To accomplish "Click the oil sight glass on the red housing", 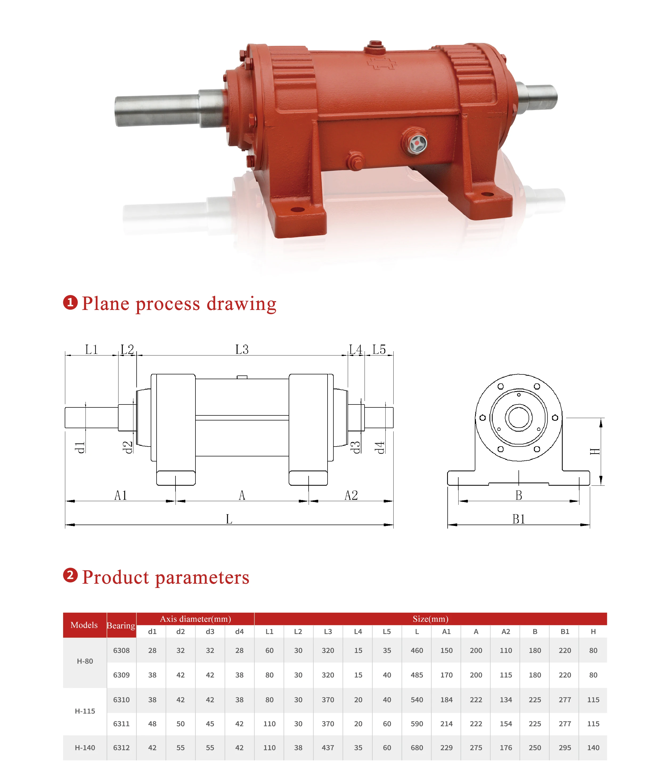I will pyautogui.click(x=417, y=143).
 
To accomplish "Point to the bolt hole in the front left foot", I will pyautogui.click(x=297, y=210).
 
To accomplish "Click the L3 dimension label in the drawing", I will pyautogui.click(x=242, y=349).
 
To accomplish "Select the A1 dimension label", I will pyautogui.click(x=121, y=495).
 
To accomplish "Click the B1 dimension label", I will pyautogui.click(x=518, y=519).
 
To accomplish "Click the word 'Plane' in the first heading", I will pyautogui.click(x=105, y=304).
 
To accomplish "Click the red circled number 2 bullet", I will pyautogui.click(x=70, y=575).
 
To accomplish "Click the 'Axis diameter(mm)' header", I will pyautogui.click(x=195, y=619).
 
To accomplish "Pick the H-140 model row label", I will pyautogui.click(x=85, y=747).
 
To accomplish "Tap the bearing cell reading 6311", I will pyautogui.click(x=121, y=724).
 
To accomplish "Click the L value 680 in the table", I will pyautogui.click(x=417, y=747).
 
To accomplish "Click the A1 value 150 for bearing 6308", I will pyautogui.click(x=446, y=650).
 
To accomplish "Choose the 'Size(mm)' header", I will pyautogui.click(x=430, y=619).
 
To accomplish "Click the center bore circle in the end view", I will pyautogui.click(x=518, y=417).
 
